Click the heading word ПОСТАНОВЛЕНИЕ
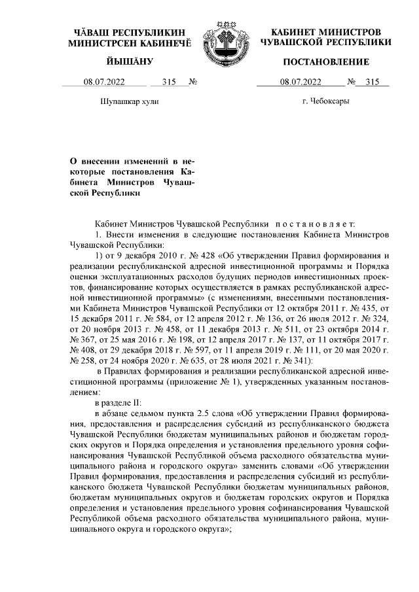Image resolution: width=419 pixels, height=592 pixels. [x=326, y=62]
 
